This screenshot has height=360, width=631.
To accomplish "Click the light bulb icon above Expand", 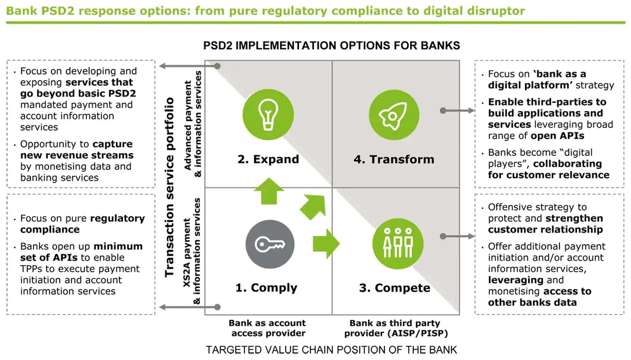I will [268, 114].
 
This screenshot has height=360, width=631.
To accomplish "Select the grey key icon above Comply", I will [270, 244].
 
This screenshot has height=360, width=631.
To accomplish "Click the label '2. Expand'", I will [268, 159].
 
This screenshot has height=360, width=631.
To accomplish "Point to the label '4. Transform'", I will [393, 159].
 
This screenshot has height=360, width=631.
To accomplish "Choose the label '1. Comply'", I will [266, 288].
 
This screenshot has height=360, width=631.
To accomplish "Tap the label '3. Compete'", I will [394, 288].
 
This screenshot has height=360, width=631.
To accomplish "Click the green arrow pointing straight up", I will [269, 191].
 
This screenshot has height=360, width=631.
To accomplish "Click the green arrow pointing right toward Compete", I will [326, 244].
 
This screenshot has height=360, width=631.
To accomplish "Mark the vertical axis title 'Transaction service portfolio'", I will [169, 187].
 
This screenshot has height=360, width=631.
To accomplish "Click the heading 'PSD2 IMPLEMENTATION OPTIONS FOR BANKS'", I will [331, 46].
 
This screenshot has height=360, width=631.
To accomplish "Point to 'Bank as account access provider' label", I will [267, 328].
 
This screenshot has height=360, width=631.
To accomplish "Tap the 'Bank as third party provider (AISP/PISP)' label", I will [394, 328].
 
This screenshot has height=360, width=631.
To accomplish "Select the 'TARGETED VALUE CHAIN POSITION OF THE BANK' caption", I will [331, 350].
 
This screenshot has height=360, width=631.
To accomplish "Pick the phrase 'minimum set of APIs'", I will [81, 252].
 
